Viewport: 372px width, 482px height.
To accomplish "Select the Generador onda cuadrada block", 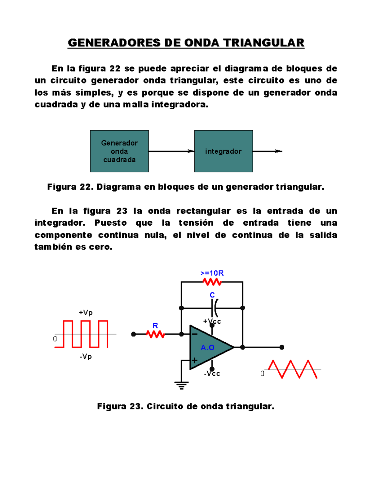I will tap(119, 151).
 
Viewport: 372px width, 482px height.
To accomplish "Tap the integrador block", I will tap(223, 151).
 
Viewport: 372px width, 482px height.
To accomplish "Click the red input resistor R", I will tap(155, 334).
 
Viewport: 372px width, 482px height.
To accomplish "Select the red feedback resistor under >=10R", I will tap(212, 282).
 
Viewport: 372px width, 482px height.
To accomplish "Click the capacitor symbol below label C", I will tap(214, 308).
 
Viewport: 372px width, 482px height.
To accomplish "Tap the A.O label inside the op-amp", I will tap(207, 348).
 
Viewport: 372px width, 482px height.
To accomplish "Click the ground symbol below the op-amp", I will tap(181, 385).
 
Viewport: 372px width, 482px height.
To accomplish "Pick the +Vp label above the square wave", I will tap(86, 313).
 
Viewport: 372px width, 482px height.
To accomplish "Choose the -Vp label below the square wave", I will tap(86, 357).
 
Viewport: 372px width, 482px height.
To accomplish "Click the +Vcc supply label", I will tap(212, 321).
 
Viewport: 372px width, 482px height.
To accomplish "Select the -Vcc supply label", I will tap(212, 374).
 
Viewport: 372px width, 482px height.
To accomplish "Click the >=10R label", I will tap(212, 273).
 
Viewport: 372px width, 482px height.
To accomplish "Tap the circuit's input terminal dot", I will tap(134, 334).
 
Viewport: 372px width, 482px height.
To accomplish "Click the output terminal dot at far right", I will tap(282, 347).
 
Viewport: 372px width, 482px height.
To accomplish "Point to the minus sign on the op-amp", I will tap(195, 334).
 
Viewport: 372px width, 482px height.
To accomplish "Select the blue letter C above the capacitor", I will tap(212, 295).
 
